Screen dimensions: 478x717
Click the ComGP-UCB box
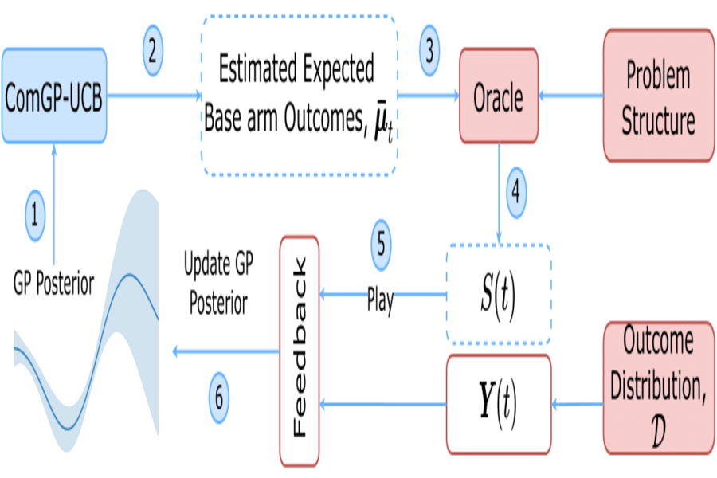pyautogui.click(x=53, y=96)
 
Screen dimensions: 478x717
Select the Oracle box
pyautogui.click(x=499, y=96)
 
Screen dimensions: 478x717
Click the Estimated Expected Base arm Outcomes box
pyautogui.click(x=299, y=96)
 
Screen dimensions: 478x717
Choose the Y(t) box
pyautogui.click(x=498, y=405)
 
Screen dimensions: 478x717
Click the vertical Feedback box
pyautogui.click(x=299, y=351)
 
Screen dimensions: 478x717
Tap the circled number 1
pyautogui.click(x=33, y=214)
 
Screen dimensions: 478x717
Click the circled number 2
pyautogui.click(x=154, y=49)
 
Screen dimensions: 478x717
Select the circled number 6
pyautogui.click(x=221, y=394)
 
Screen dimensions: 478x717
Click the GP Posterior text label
pyautogui.click(x=54, y=283)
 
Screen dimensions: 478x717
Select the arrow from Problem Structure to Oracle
pyautogui.click(x=572, y=96)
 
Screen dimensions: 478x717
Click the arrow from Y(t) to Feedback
pyautogui.click(x=382, y=406)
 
